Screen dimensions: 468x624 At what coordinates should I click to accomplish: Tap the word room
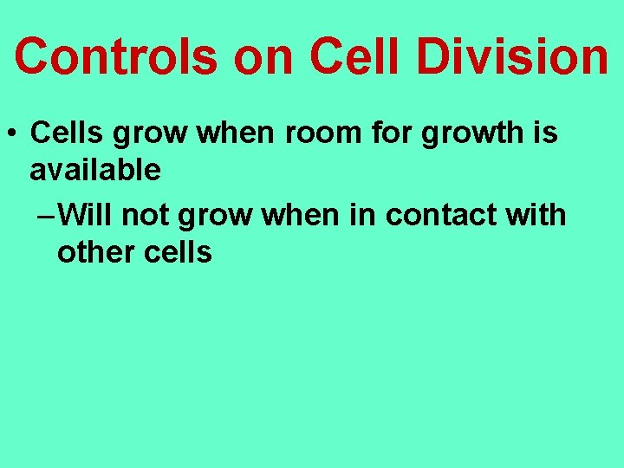[322, 134]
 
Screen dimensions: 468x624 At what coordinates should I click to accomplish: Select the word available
[95, 170]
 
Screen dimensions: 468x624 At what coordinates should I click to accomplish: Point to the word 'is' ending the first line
[546, 134]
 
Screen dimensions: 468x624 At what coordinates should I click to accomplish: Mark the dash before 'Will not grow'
[49, 215]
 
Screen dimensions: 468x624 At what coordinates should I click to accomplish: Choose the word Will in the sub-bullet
[89, 214]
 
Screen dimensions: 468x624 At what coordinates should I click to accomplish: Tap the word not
[149, 214]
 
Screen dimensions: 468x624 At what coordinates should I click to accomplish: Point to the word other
[94, 252]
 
